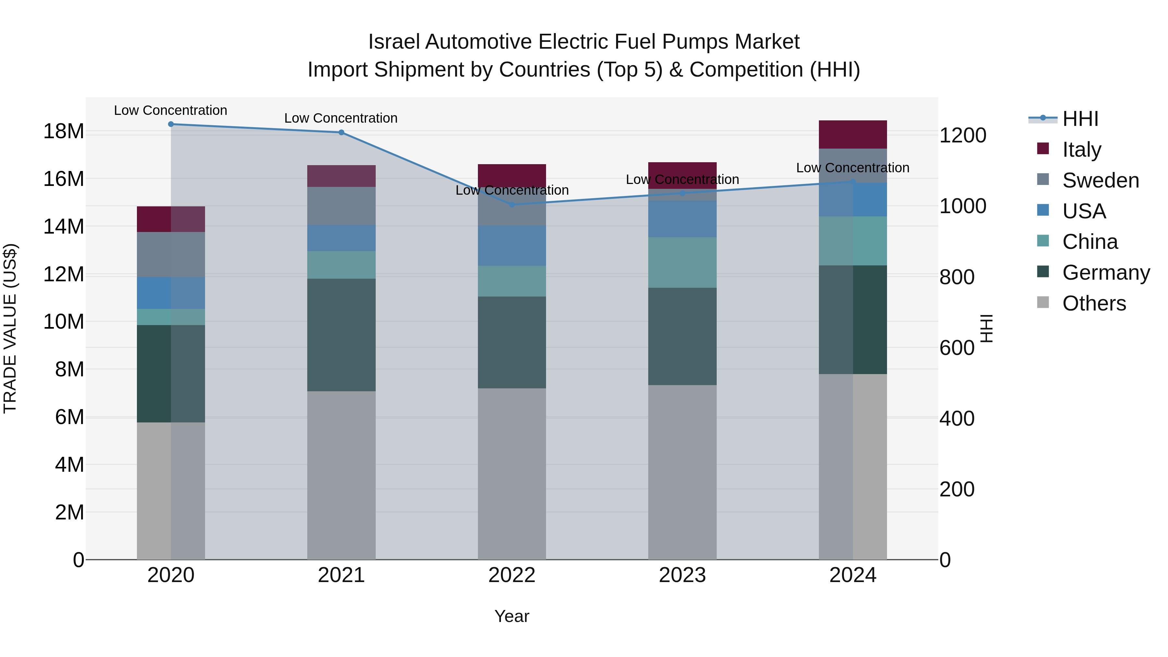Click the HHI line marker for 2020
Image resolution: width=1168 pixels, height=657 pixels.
[x=171, y=124]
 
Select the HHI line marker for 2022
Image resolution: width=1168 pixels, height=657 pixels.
[x=512, y=204]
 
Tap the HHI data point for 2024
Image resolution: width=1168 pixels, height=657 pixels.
[x=852, y=182]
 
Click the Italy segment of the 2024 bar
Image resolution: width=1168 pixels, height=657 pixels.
[x=852, y=135]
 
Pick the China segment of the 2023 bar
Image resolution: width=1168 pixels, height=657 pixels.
[x=682, y=262]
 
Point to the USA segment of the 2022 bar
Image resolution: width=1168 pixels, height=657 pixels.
[x=512, y=245]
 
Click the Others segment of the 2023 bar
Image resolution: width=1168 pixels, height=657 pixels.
[x=682, y=472]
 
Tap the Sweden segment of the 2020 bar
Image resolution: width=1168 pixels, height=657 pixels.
[x=171, y=254]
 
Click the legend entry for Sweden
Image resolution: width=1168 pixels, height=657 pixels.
[x=1101, y=180]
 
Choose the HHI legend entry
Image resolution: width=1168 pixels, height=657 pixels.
[x=1080, y=119]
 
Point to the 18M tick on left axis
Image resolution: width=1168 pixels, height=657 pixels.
[x=64, y=131]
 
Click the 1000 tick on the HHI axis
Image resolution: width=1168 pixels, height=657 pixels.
[x=962, y=206]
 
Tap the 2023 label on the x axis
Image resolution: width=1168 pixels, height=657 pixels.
[x=682, y=575]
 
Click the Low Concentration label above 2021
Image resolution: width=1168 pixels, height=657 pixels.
[x=341, y=118]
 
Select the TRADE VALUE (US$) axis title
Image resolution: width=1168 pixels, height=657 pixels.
[x=10, y=328]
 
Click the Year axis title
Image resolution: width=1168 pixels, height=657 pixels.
[x=512, y=616]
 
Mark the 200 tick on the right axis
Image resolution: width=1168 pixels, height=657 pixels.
[x=957, y=489]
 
